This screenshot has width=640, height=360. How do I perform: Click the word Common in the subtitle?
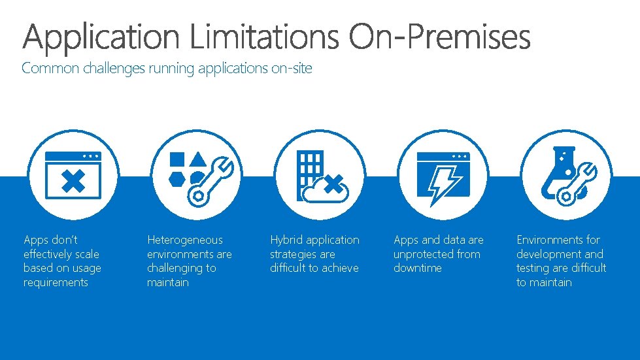click(x=51, y=68)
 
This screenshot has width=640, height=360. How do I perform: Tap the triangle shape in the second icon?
click(x=199, y=159)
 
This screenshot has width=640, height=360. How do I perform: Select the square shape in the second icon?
click(x=177, y=159)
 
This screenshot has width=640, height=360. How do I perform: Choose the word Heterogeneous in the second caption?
click(x=185, y=240)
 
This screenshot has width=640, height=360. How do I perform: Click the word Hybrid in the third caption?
click(x=286, y=240)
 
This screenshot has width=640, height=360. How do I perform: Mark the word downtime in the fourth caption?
click(x=418, y=268)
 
